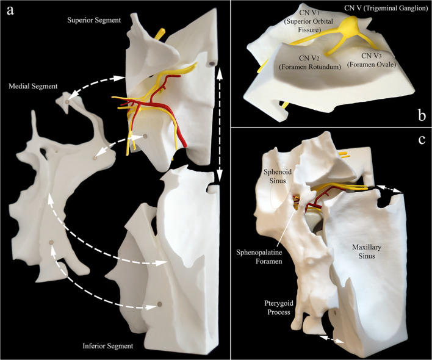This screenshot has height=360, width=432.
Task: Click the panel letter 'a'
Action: click(10, 10)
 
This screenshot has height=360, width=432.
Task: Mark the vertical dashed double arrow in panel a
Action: click(219, 122)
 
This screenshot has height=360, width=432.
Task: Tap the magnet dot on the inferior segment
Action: click(160, 303)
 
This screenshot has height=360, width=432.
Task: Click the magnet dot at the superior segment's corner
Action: click(211, 63)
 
